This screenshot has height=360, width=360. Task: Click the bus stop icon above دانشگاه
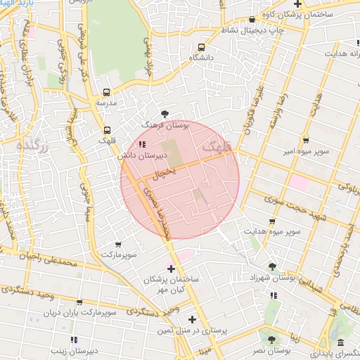point(202,46)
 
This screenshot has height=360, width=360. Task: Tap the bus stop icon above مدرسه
point(107,92)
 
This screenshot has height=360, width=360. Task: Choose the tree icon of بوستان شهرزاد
point(272,266)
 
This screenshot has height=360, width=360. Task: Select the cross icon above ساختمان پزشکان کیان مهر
point(171,269)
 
